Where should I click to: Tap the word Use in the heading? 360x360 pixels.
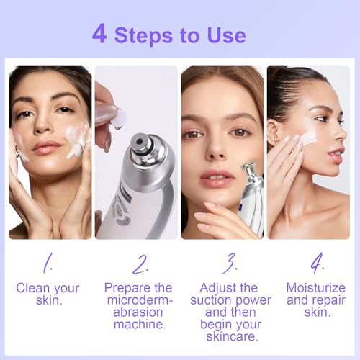(x=225, y=35)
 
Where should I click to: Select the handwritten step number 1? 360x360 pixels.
(x=47, y=264)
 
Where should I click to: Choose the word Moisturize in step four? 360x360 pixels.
(x=315, y=288)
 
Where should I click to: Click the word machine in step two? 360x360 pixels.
(x=138, y=325)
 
